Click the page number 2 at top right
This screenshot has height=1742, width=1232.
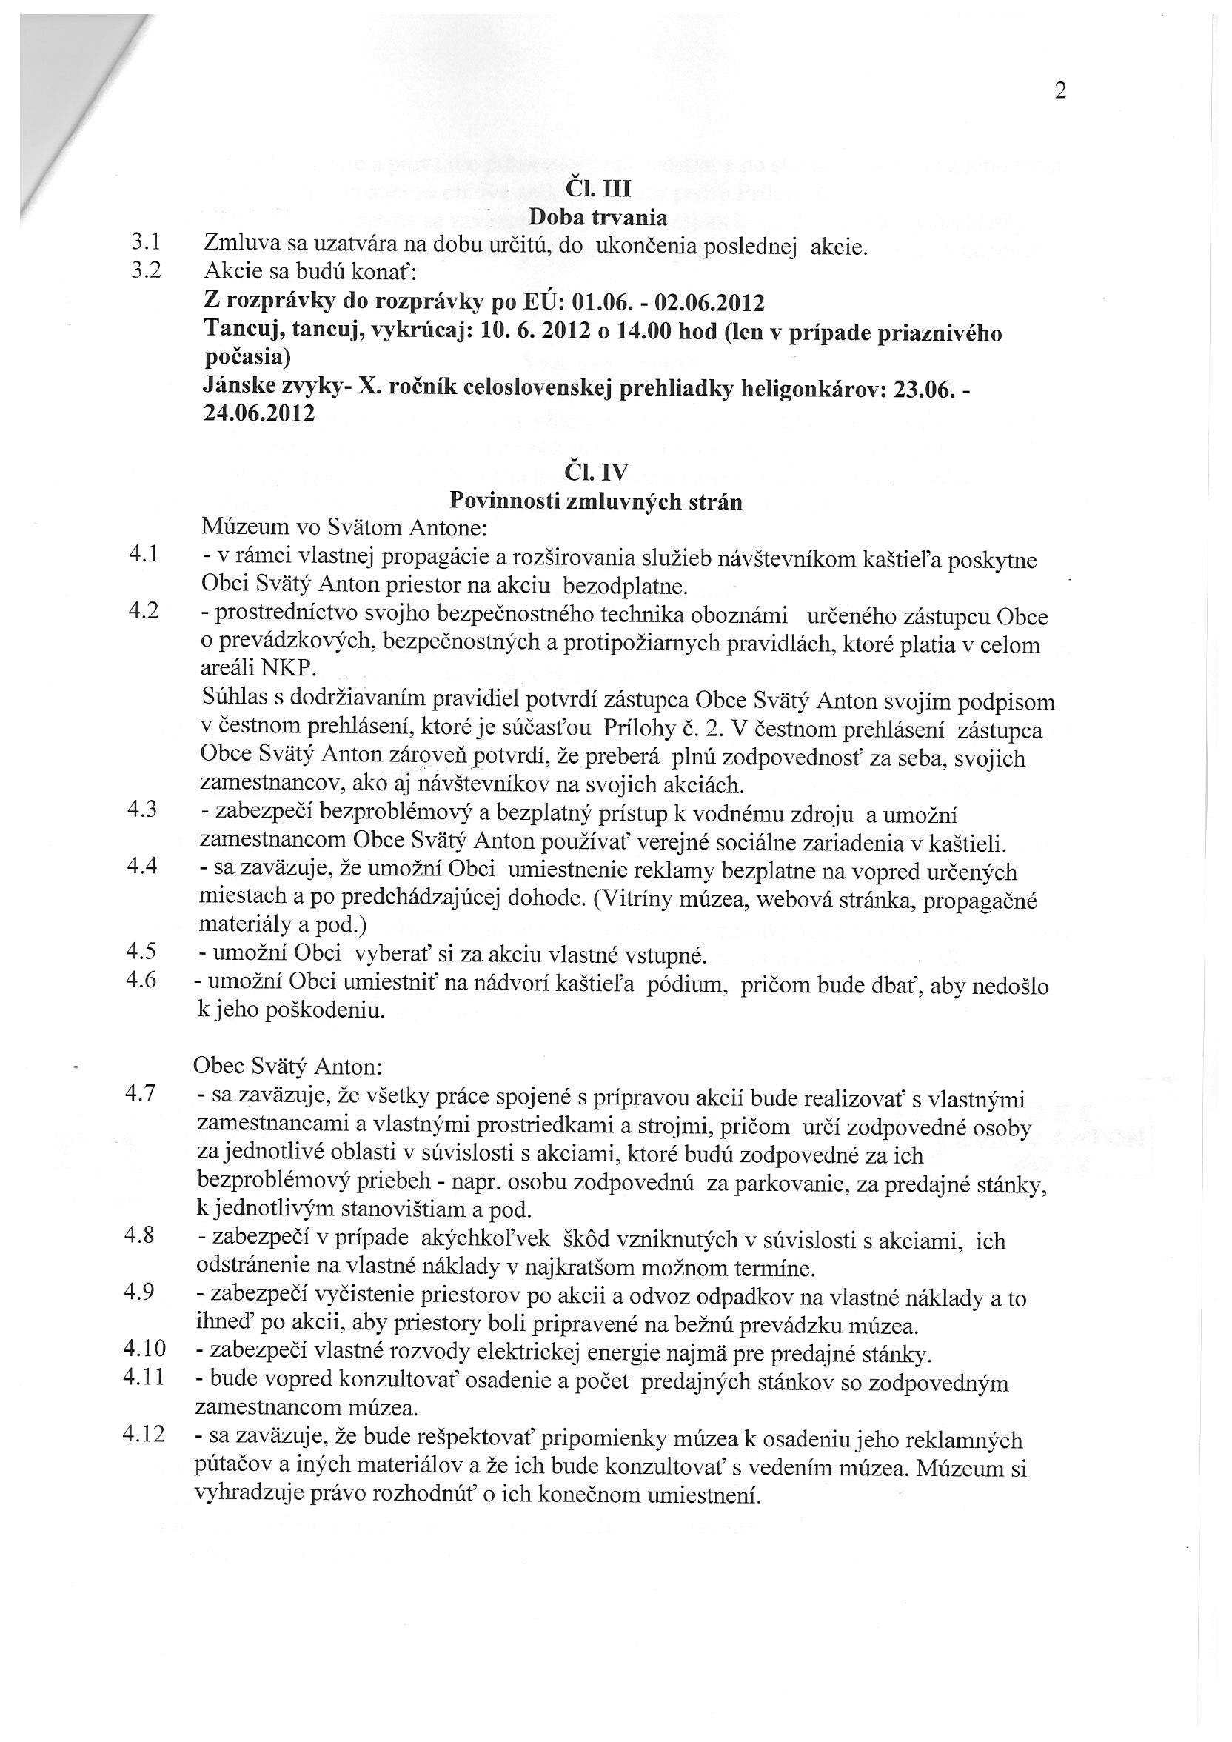[x=1060, y=91]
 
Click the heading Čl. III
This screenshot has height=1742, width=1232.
[x=598, y=187]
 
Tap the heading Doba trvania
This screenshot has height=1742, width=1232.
[x=597, y=217]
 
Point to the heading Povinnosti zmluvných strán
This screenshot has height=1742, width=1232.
[x=595, y=501]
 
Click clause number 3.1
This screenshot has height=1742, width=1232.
[x=146, y=243]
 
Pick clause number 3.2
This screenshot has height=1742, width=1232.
[x=146, y=271]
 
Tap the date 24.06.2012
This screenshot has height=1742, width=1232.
[x=259, y=414]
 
